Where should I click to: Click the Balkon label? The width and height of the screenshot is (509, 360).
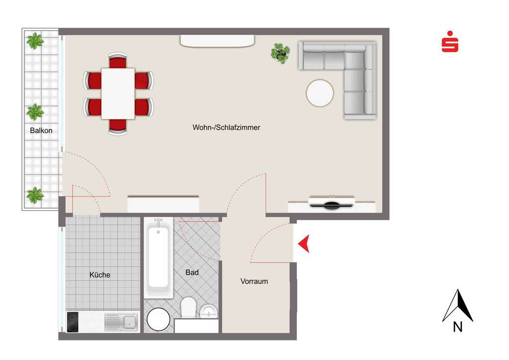[x=41, y=130]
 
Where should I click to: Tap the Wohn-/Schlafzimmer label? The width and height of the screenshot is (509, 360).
[x=226, y=127]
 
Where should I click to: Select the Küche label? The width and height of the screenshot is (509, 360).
[x=99, y=274]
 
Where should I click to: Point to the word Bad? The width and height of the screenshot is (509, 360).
[x=192, y=272]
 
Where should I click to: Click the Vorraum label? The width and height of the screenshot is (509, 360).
[x=254, y=281]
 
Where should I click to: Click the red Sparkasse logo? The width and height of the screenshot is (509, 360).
[x=450, y=43]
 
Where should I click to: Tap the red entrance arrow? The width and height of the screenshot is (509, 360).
[x=304, y=244]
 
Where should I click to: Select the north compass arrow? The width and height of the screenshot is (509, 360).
[x=458, y=305]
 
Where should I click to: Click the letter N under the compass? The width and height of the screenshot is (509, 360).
[x=458, y=327]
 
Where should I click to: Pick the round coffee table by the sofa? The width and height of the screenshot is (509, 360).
[x=320, y=93]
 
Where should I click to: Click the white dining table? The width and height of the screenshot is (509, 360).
[x=118, y=93]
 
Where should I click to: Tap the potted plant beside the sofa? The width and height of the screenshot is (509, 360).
[x=280, y=52]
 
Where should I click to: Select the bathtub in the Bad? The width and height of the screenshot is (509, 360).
[x=158, y=259]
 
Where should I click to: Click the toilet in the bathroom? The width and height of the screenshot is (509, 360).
[x=188, y=307]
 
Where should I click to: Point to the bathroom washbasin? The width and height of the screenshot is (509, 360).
[x=209, y=311]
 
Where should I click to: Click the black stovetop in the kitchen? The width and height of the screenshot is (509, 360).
[x=73, y=322]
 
